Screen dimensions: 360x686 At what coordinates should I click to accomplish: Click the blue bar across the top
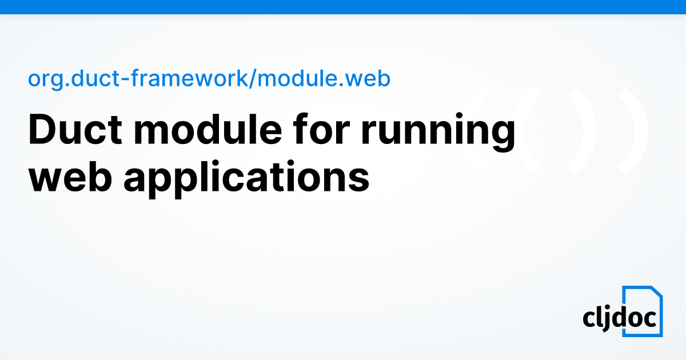pos(343,7)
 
